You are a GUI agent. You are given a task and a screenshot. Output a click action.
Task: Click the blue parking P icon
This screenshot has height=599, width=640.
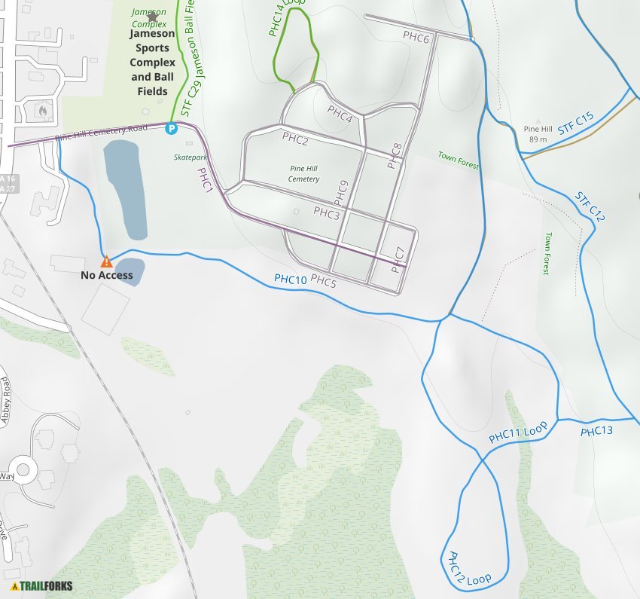(x=172, y=129)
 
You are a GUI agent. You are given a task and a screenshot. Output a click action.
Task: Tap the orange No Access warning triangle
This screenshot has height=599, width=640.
(x=107, y=262)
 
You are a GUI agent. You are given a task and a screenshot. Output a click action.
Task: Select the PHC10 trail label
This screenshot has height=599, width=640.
(x=290, y=280)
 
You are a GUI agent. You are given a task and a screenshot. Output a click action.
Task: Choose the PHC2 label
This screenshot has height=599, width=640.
(x=295, y=138)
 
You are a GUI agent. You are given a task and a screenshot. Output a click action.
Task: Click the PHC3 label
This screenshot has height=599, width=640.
(x=327, y=213)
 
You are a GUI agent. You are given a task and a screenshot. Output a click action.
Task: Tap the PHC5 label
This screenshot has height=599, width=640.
(x=323, y=281)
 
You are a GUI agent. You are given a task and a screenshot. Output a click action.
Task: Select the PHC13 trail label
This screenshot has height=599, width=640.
(x=596, y=432)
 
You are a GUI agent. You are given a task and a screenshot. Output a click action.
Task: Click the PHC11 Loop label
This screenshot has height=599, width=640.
(x=517, y=433)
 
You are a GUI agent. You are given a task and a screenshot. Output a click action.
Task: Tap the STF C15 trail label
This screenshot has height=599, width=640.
(x=576, y=124)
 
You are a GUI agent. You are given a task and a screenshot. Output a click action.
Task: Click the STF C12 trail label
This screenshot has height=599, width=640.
(x=590, y=206)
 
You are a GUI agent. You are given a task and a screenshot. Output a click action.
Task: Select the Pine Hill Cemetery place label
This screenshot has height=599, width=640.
(x=303, y=174)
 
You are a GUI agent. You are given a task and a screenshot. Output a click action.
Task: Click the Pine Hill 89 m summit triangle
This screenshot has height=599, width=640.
(x=538, y=121)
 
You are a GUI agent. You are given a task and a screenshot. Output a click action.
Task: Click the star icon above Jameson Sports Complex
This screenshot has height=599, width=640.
(x=153, y=17)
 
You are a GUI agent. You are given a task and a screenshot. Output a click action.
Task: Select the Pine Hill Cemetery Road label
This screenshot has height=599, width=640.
(x=101, y=133)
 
